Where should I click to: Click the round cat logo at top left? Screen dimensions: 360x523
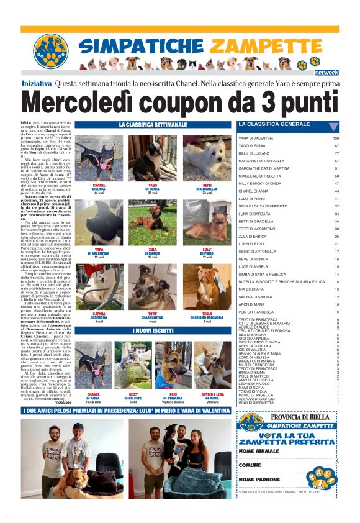50,52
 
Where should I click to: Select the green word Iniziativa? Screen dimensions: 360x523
37,83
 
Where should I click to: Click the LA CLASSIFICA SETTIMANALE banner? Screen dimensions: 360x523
152,125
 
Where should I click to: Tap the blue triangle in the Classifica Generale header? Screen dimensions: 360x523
333,125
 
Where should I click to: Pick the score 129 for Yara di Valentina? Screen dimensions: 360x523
336,138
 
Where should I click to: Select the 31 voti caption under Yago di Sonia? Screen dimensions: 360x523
153,193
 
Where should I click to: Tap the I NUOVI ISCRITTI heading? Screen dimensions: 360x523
152,330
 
